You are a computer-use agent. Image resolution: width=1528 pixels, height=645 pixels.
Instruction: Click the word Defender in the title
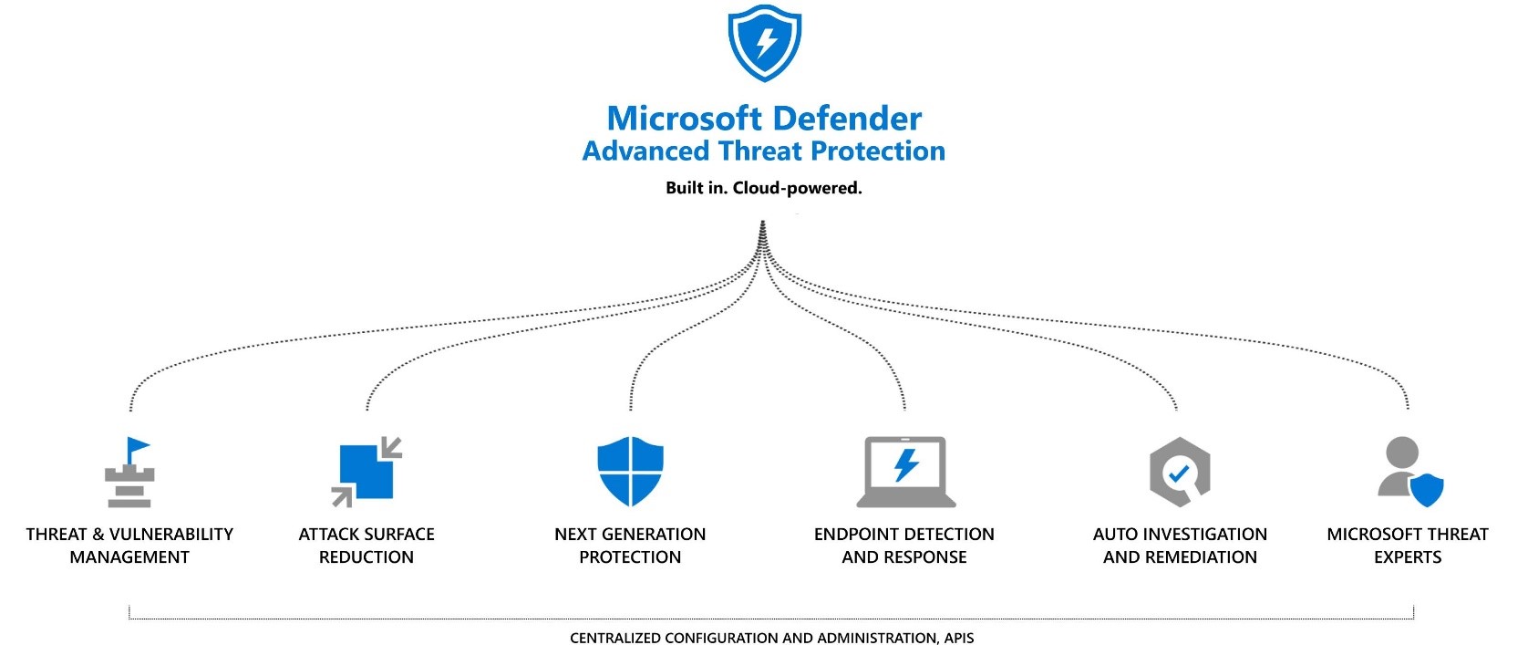pyautogui.click(x=845, y=119)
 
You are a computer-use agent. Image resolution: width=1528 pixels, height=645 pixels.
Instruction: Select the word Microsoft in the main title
pyautogui.click(x=684, y=119)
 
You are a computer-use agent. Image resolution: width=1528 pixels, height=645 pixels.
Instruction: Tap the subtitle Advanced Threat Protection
pyautogui.click(x=764, y=151)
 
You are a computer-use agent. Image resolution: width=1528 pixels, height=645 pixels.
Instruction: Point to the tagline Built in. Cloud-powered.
pyautogui.click(x=764, y=189)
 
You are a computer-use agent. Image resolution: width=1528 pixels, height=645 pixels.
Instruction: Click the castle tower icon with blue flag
pyautogui.click(x=129, y=474)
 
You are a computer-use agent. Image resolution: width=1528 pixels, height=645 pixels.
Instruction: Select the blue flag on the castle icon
pyautogui.click(x=138, y=448)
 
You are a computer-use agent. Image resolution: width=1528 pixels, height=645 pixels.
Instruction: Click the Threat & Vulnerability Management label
pyautogui.click(x=129, y=546)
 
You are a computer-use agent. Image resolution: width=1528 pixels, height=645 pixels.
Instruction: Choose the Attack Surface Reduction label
pyautogui.click(x=367, y=546)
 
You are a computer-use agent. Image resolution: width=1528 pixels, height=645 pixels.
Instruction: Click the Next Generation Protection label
pyautogui.click(x=630, y=546)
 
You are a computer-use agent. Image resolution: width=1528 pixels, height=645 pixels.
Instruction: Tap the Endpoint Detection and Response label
pyautogui.click(x=904, y=546)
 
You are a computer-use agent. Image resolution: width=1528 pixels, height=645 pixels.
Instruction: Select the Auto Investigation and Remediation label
pyautogui.click(x=1180, y=546)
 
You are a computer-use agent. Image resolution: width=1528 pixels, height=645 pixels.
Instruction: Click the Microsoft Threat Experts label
pyautogui.click(x=1408, y=546)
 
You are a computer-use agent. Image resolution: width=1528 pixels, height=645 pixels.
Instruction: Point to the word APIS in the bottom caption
pyautogui.click(x=958, y=638)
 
